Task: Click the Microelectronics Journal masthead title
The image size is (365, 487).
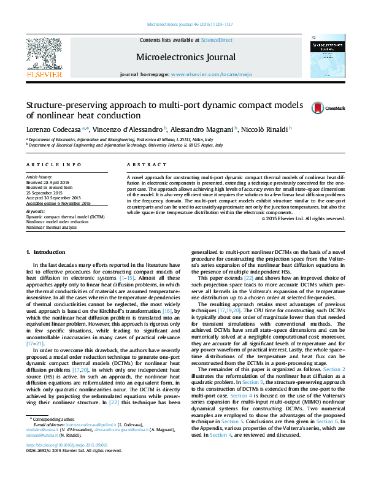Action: coord(186,57)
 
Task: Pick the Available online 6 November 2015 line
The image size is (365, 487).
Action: coord(58,203)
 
